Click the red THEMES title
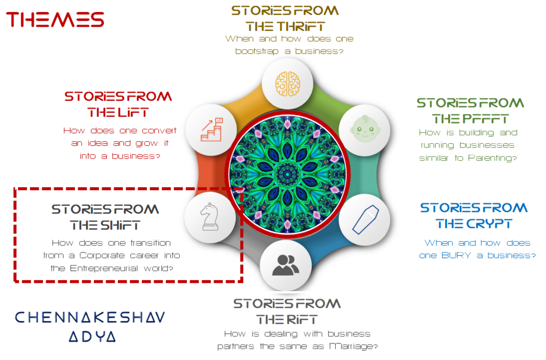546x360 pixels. pos(55,20)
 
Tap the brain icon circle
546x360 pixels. pos(287,83)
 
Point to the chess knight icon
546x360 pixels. pos(210,217)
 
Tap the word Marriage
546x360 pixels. pos(352,346)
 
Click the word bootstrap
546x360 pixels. pos(260,51)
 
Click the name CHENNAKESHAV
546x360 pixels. pos(90,317)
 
